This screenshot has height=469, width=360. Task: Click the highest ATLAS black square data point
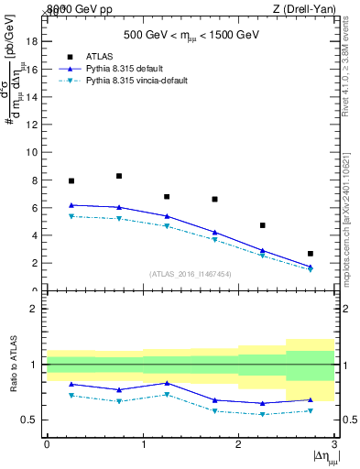click(119, 176)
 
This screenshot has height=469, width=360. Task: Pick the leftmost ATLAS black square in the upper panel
click(71, 181)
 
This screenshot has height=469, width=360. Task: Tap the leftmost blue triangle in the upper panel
click(71, 205)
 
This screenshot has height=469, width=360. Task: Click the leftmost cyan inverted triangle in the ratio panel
click(71, 396)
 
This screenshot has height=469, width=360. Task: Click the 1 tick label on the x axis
click(143, 444)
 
